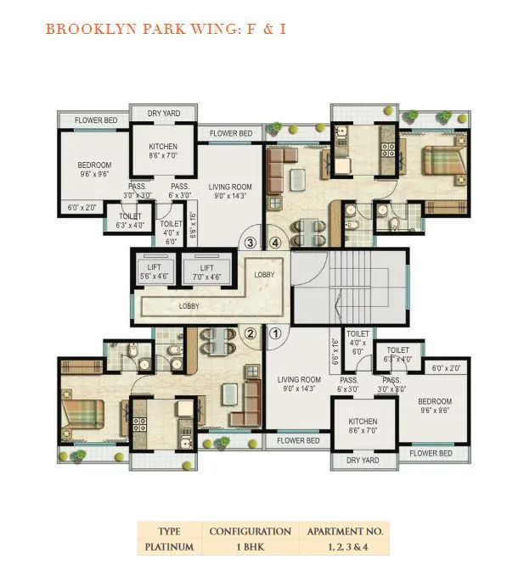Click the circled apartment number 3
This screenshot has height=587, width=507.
pyautogui.click(x=251, y=243)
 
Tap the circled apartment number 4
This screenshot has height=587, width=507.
pyautogui.click(x=275, y=243)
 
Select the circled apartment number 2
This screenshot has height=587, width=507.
pyautogui.click(x=251, y=333)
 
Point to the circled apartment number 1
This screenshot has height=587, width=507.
pyautogui.click(x=276, y=333)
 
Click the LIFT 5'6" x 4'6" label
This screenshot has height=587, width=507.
pyautogui.click(x=154, y=271)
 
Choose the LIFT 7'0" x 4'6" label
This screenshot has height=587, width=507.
pyautogui.click(x=206, y=272)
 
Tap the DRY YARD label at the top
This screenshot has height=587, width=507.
pyautogui.click(x=164, y=113)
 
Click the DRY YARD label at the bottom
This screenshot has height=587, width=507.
pyautogui.click(x=363, y=460)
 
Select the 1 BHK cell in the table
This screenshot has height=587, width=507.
pyautogui.click(x=251, y=546)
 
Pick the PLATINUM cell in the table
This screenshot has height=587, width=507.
pyautogui.click(x=169, y=546)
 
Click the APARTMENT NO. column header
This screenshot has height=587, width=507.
pyautogui.click(x=345, y=531)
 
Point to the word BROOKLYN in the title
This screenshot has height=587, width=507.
pyautogui.click(x=91, y=29)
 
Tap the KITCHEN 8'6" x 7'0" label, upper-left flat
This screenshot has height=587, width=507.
pyautogui.click(x=163, y=151)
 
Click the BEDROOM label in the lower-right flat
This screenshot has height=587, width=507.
pyautogui.click(x=435, y=401)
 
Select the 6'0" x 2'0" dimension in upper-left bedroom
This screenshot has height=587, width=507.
pyautogui.click(x=82, y=207)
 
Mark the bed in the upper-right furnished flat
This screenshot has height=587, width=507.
pyautogui.click(x=443, y=161)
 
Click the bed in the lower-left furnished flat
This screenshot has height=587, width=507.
pyautogui.click(x=83, y=415)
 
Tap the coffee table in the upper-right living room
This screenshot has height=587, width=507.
pyautogui.click(x=297, y=180)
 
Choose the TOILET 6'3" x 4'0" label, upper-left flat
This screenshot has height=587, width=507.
pyautogui.click(x=130, y=221)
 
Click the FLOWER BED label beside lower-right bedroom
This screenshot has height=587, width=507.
pyautogui.click(x=431, y=453)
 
